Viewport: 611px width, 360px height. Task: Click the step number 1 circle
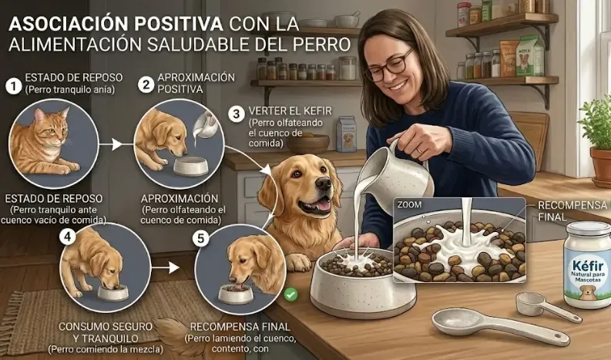[x=13, y=86]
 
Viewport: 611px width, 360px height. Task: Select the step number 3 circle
[x=237, y=113]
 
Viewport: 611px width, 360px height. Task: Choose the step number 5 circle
[x=202, y=238]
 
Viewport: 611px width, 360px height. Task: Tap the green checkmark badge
[x=290, y=294]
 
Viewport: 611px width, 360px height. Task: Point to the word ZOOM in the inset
[x=411, y=206]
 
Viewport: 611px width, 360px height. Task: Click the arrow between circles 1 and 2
[x=116, y=143]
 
